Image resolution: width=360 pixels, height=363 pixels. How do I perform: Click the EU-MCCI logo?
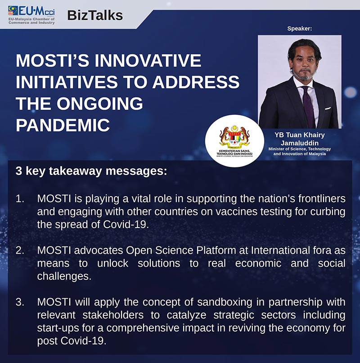31,15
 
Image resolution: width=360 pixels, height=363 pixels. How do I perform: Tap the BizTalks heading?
95,15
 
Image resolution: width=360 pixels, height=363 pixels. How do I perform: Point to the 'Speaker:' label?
300,28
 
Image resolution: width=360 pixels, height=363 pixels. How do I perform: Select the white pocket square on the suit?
328,108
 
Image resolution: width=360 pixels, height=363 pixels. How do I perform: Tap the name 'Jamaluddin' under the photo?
300,143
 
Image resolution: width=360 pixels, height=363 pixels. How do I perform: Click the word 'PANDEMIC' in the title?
63,125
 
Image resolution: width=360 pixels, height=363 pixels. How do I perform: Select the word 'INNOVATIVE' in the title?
148,60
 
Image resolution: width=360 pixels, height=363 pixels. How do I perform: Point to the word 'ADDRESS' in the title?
196,82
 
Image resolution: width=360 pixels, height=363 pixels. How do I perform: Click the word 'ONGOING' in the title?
100,103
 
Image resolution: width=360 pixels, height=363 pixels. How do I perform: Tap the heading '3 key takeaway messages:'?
91,171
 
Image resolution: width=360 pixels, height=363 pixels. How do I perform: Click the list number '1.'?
20,199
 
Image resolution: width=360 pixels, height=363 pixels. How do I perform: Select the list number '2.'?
20,251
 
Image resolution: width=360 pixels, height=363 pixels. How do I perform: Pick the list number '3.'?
20,302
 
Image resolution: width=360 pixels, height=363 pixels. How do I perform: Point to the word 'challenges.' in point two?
64,277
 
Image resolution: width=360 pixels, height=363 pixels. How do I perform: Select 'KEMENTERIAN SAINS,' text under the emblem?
234,151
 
